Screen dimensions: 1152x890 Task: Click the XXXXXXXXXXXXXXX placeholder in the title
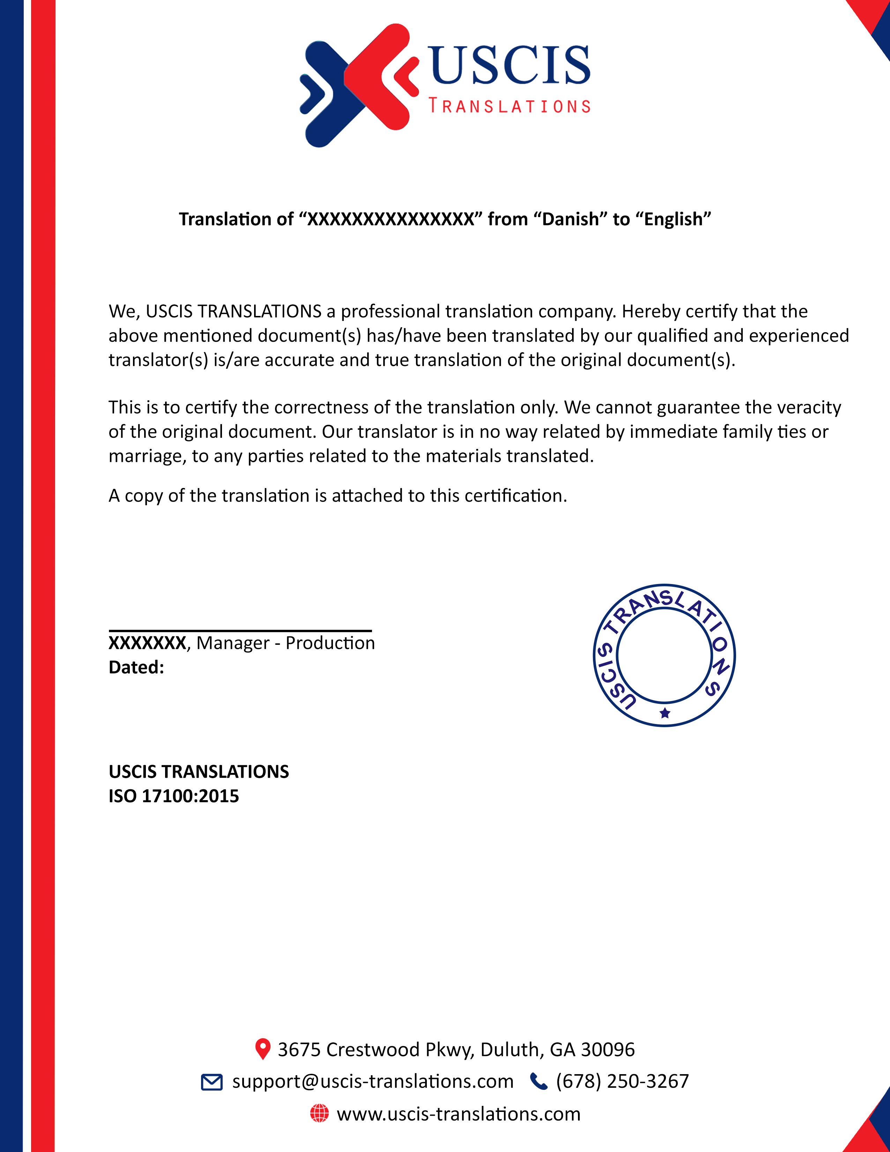click(391, 219)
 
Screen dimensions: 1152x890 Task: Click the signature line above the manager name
click(240, 630)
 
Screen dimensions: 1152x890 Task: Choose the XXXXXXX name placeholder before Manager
click(147, 643)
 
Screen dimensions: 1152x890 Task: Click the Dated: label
click(136, 667)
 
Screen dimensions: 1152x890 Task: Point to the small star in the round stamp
click(665, 713)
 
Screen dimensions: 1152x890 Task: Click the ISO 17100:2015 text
click(174, 796)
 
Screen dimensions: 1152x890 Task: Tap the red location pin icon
click(262, 1049)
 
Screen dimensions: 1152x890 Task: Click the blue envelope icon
click(212, 1082)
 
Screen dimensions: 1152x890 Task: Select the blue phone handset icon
click(538, 1082)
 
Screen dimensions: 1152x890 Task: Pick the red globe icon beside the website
click(319, 1114)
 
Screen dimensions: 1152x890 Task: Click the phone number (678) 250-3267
click(622, 1081)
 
